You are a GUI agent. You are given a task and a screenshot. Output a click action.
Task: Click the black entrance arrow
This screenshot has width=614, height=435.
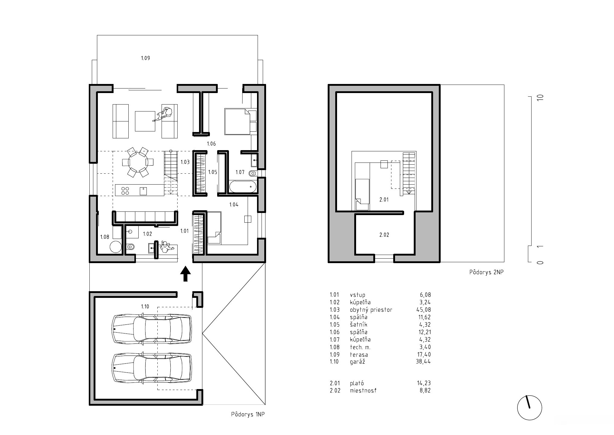pos(185,274)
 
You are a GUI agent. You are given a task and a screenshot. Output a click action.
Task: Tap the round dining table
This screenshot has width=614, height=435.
pos(138,162)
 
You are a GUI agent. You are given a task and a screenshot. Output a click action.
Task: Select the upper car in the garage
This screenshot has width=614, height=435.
pos(152,329)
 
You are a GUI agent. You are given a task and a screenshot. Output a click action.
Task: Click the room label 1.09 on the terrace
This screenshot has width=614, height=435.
pos(145,58)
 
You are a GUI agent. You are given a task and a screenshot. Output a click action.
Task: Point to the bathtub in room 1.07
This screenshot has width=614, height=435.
pos(243,187)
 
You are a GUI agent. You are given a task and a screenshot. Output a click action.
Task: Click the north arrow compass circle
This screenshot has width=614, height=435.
pos(529,408)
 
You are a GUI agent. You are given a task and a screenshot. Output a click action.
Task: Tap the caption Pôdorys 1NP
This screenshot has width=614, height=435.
pos(248,414)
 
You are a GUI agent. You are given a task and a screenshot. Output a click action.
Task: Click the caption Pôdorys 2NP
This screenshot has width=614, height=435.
pos(487,272)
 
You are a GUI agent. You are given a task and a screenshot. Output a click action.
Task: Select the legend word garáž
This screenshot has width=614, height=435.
pos(358,362)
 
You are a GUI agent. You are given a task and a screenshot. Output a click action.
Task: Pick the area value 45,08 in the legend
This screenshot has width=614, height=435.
pos(423,310)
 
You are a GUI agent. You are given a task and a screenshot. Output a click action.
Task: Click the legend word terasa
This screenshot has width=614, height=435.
pos(359,354)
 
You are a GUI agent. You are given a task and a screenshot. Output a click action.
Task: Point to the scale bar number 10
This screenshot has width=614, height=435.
pos(541,98)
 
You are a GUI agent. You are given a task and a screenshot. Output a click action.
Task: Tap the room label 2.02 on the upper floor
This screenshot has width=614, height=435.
pos(384,235)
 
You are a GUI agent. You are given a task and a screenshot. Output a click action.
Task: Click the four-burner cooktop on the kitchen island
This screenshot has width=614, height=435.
pos(125,191)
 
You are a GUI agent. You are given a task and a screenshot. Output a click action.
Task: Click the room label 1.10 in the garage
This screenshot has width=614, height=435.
pos(145,306)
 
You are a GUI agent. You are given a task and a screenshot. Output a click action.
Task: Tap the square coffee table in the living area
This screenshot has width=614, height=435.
pos(145,121)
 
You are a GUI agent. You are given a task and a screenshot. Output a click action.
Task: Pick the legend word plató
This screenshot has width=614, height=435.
pos(357,383)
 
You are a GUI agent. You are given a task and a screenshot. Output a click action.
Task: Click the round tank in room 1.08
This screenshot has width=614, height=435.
pos(115,247)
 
